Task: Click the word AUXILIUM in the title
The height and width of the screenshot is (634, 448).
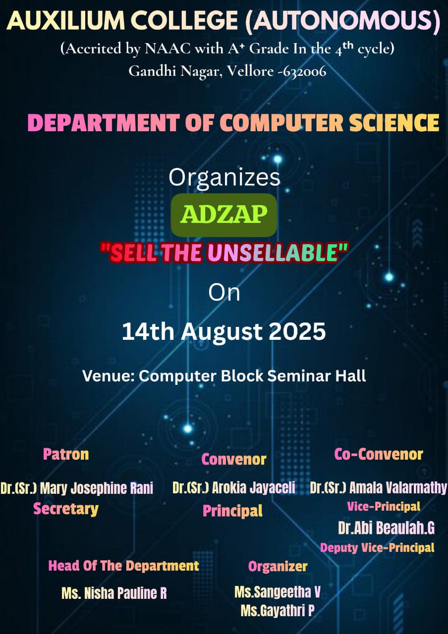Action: coord(66,21)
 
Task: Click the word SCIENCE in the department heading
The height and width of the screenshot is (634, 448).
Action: coord(394,123)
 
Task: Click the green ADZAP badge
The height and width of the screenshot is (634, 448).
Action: coord(224,215)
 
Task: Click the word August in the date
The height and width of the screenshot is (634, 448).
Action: coord(222,332)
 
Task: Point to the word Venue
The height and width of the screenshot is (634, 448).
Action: coord(108,376)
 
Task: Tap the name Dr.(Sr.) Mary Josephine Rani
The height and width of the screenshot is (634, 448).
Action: coord(77,488)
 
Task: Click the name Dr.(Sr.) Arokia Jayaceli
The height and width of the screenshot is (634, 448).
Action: coord(233,487)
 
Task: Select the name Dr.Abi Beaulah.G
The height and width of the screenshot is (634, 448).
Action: coord(386,528)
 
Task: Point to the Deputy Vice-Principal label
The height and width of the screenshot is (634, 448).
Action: coord(377,548)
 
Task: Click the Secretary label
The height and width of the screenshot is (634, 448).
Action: coord(66,509)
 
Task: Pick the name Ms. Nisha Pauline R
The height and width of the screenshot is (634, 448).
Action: coord(114,593)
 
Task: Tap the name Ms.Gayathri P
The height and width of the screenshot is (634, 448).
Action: coord(278,611)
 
